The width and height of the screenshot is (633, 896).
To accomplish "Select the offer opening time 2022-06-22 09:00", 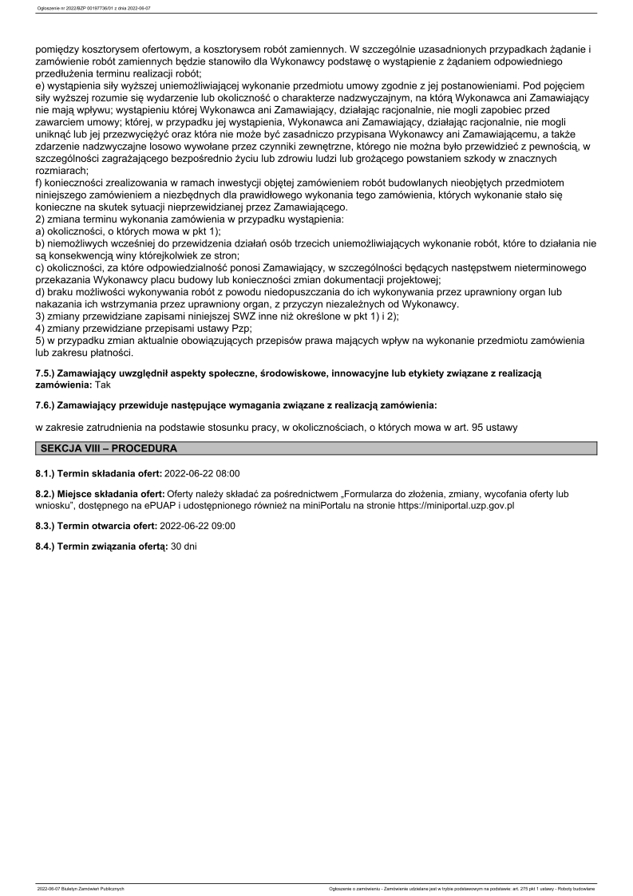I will click(x=198, y=526).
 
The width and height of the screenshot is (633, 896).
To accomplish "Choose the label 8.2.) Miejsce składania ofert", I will click(x=99, y=494).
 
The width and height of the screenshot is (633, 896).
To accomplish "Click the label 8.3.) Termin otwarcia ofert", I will click(x=97, y=526).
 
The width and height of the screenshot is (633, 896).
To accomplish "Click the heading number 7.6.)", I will click(x=48, y=406).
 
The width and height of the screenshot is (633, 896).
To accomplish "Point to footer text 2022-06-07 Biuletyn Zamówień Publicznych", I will click(x=81, y=888).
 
